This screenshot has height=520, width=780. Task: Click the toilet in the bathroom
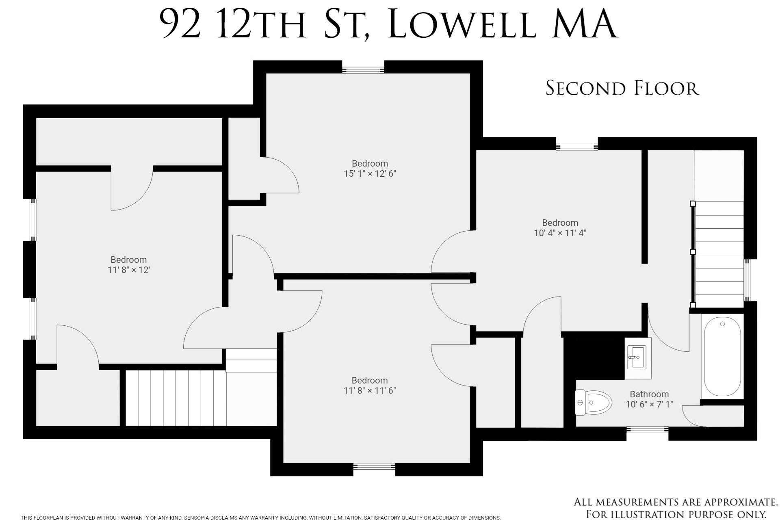click(593, 403)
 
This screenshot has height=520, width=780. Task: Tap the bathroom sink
click(636, 357)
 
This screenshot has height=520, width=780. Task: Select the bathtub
click(722, 357)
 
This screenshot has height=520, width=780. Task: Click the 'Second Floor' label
click(622, 88)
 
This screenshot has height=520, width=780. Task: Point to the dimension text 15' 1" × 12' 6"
click(370, 174)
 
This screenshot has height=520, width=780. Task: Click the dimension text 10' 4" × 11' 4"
click(560, 233)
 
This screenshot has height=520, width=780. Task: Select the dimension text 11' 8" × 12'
click(129, 270)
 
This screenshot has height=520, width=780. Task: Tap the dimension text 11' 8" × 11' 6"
click(370, 391)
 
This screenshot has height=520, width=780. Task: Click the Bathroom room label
click(649, 394)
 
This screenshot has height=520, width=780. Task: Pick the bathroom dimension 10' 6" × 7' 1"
click(649, 405)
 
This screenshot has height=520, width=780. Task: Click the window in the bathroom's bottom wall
click(647, 429)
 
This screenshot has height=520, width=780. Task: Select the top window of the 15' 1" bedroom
click(363, 70)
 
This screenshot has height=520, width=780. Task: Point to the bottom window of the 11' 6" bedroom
click(374, 466)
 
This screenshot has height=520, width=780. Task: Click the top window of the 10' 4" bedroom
click(577, 147)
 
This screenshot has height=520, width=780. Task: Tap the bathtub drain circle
click(722, 324)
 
